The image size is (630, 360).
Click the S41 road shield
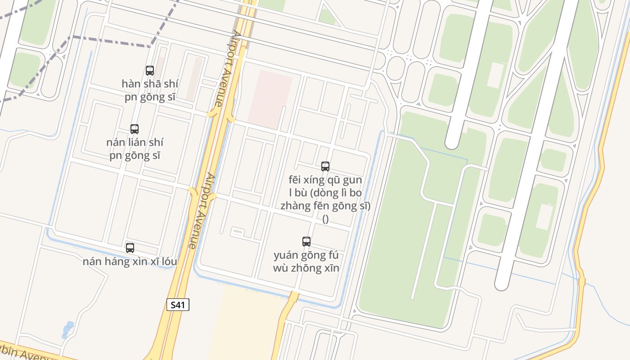[x=178, y=305]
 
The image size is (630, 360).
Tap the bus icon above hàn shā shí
[x=150, y=70]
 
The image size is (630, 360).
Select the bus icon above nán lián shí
[x=134, y=129]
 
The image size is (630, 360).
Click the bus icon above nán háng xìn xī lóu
[x=130, y=247]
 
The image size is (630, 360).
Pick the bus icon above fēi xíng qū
[x=325, y=166]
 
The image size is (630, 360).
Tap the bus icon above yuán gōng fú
[x=306, y=242]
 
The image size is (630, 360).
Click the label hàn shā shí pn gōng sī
[x=150, y=90]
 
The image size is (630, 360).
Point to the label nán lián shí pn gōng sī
[x=135, y=149]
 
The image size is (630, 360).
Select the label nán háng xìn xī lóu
[x=130, y=261]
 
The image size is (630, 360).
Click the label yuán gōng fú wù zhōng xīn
[x=306, y=261]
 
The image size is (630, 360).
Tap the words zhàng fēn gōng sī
[x=325, y=206]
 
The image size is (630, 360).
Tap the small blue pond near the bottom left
[x=67, y=329]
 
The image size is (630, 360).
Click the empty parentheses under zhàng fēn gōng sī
[x=325, y=219]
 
